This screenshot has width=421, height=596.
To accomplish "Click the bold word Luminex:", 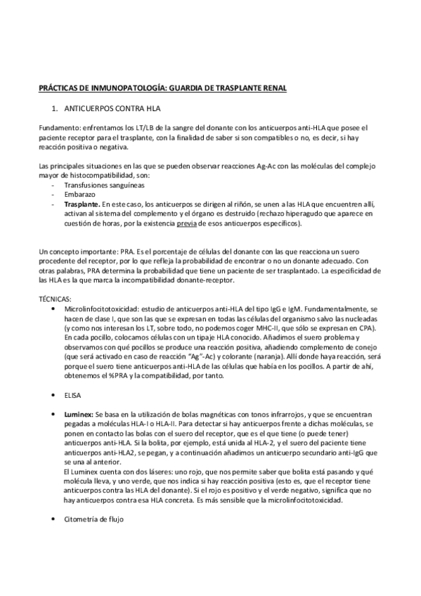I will (x=79, y=416).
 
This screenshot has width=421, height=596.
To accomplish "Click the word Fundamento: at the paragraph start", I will (x=60, y=128).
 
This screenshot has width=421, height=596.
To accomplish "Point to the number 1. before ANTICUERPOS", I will (x=55, y=110).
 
